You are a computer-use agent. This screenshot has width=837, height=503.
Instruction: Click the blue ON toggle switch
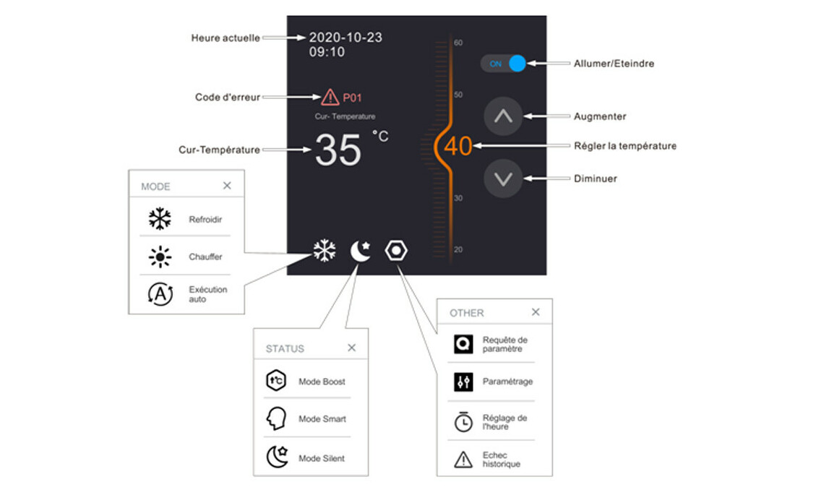[x=504, y=64]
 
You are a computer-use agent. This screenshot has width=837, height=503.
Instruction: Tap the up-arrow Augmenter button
[x=503, y=116]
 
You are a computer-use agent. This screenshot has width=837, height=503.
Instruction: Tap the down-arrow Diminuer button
[x=503, y=178]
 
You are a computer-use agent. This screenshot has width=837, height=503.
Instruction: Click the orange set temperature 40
[x=458, y=147]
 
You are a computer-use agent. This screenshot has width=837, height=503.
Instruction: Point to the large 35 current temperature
[x=338, y=150]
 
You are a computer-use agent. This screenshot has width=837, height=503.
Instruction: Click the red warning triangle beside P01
[x=330, y=97]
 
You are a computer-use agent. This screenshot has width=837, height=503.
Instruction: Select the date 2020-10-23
[x=345, y=38]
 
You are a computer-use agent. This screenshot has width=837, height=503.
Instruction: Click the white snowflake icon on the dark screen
[x=325, y=251]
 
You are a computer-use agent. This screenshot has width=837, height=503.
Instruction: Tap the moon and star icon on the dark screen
[x=361, y=251]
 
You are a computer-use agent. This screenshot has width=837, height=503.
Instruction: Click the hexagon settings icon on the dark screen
[x=397, y=251]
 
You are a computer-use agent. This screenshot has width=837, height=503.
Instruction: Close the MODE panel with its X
[x=227, y=186]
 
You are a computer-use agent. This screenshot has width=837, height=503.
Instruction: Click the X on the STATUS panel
[x=351, y=348]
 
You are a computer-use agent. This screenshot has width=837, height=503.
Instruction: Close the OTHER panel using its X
[x=536, y=312]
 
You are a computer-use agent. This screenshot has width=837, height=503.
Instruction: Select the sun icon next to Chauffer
[x=160, y=257]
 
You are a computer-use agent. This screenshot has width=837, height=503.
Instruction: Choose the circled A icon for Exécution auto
[x=160, y=294]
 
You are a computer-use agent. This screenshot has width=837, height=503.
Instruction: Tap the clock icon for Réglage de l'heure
[x=463, y=422]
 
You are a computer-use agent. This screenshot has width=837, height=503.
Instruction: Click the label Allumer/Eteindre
[x=614, y=64]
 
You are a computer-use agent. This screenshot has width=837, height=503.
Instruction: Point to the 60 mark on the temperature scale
[x=458, y=43]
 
